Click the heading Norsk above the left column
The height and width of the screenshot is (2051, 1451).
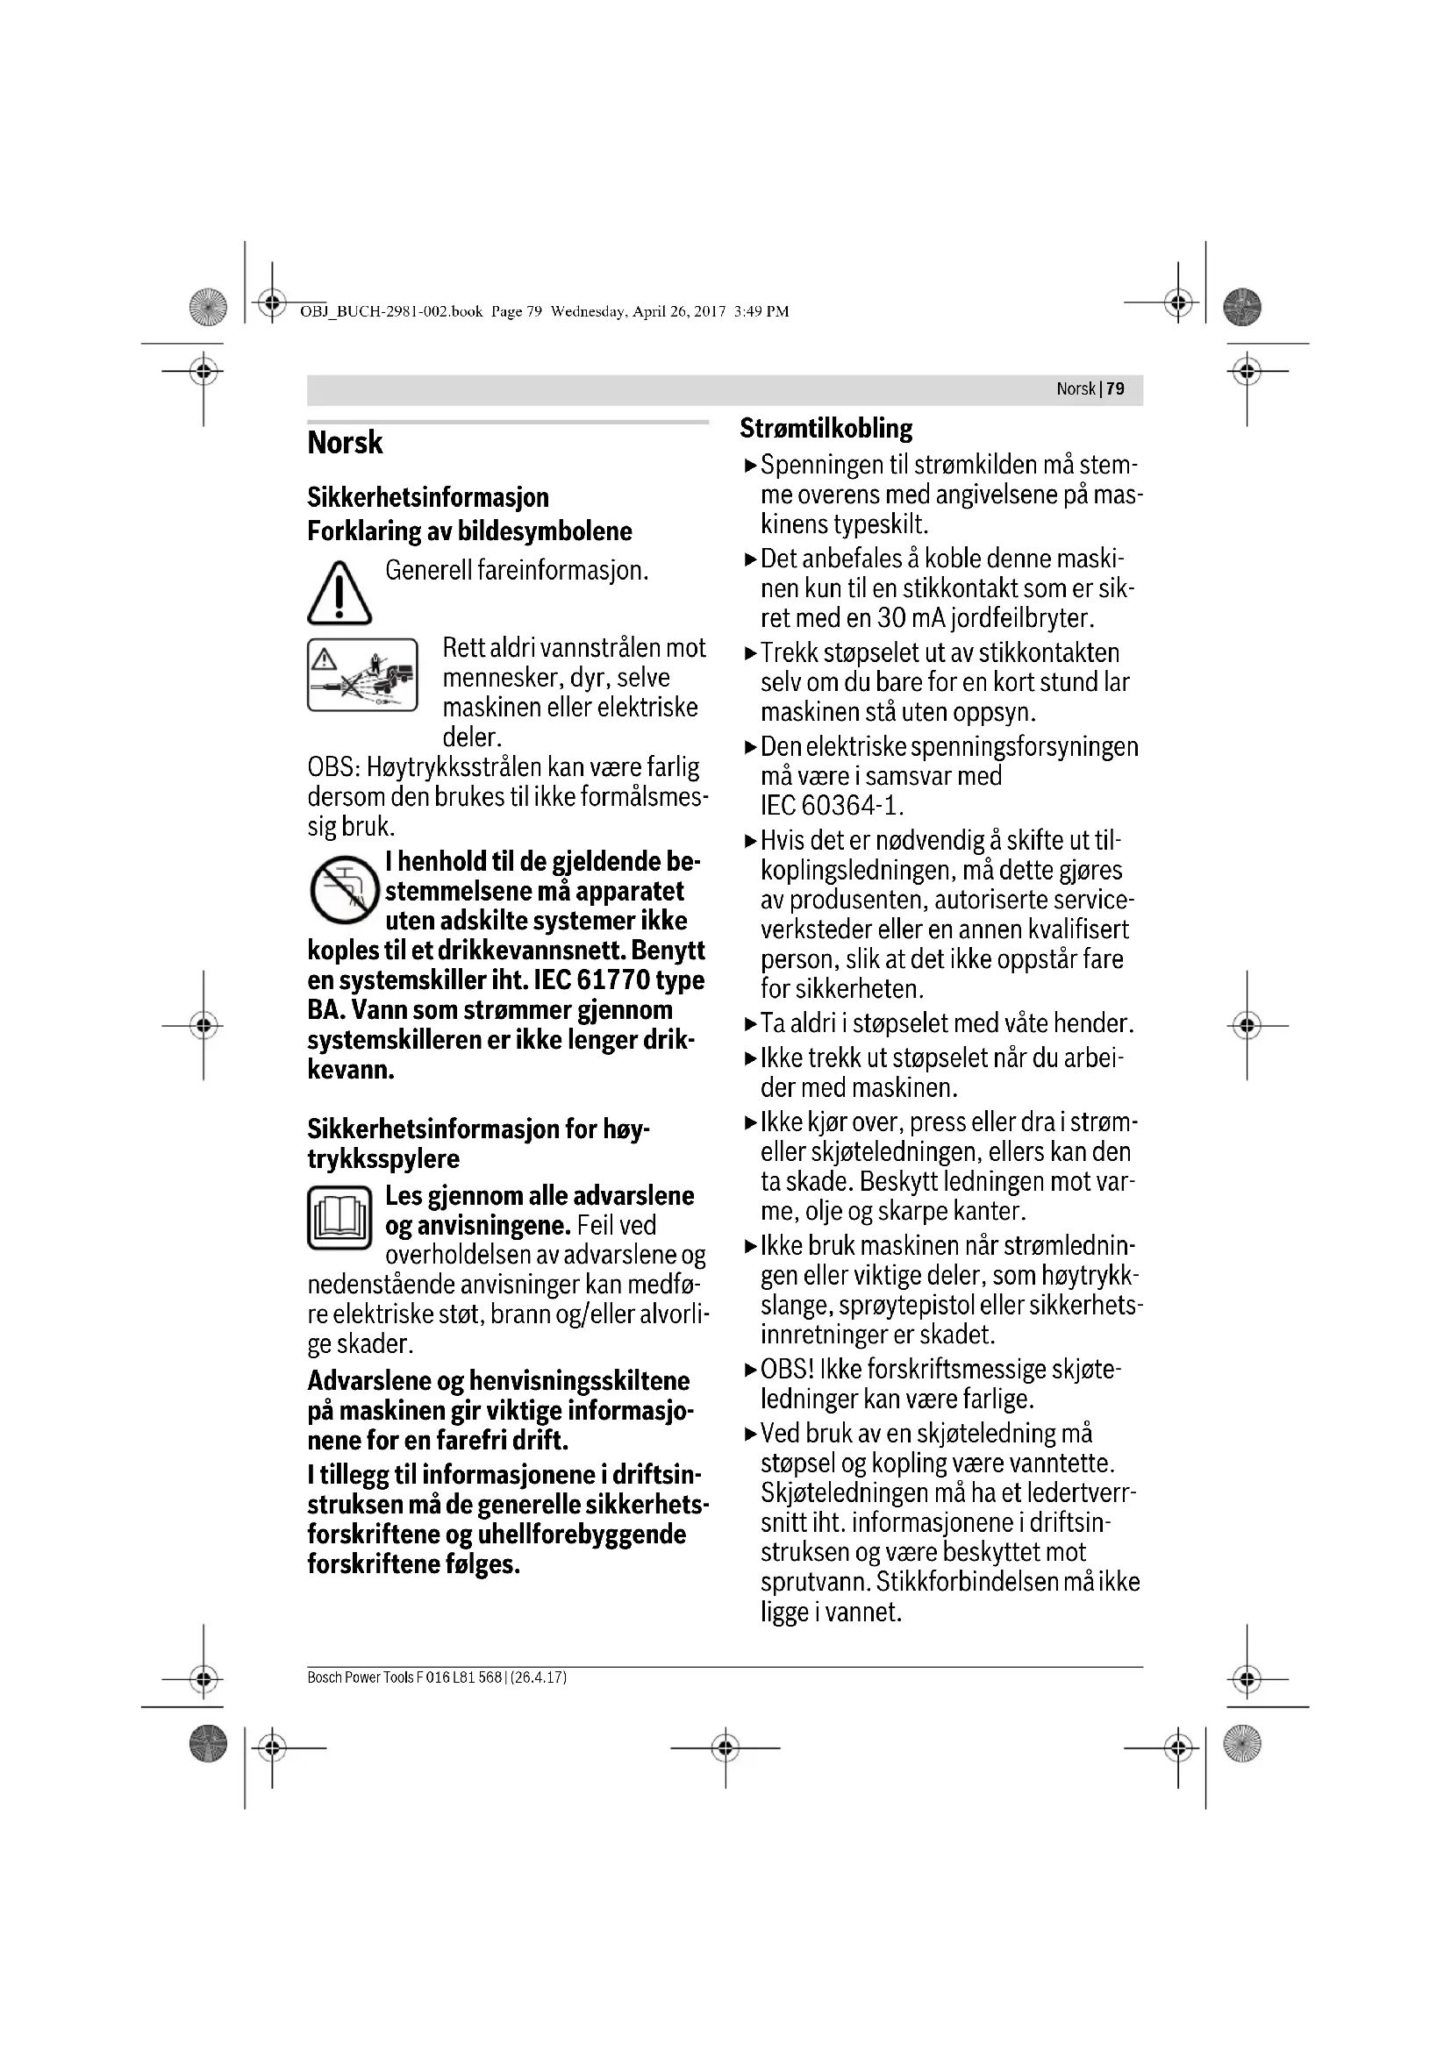(345, 443)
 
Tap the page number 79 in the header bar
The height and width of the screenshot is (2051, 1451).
(1115, 389)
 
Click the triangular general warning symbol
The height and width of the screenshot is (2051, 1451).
(339, 593)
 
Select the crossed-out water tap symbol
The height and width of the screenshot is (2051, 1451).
(344, 889)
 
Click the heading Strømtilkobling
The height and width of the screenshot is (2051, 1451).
(826, 429)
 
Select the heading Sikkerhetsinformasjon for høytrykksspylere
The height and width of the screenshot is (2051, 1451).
(478, 1143)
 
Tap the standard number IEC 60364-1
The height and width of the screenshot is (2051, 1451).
(831, 806)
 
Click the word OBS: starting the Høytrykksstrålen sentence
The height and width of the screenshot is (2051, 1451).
(332, 767)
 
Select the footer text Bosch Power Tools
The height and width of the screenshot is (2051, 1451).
(359, 1677)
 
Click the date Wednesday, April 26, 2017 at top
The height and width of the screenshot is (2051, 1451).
(637, 312)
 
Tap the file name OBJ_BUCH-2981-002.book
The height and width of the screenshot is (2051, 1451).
(391, 312)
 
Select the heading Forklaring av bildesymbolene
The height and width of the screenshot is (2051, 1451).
(469, 531)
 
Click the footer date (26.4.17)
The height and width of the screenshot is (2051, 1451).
(539, 1677)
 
